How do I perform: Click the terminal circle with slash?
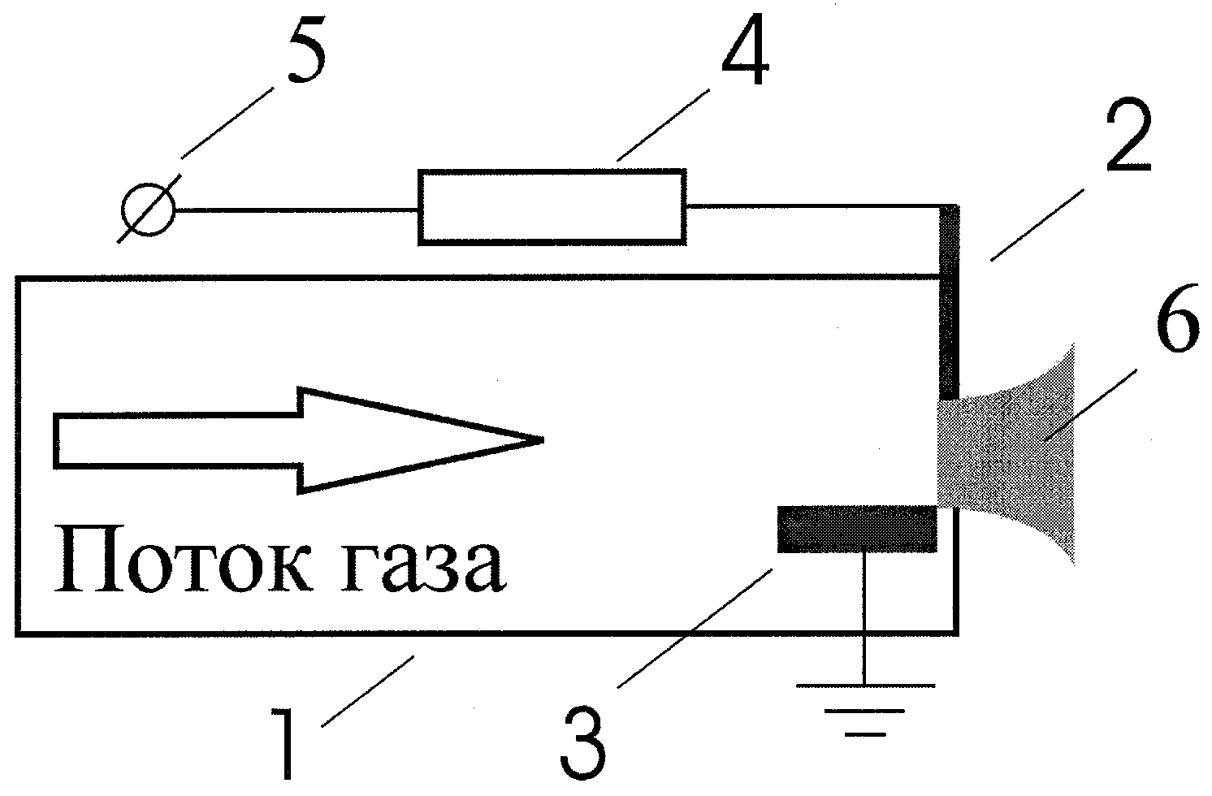(x=148, y=210)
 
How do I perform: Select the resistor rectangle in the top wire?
(x=552, y=206)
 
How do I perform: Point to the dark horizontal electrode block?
(x=856, y=529)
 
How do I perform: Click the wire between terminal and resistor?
(x=297, y=210)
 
